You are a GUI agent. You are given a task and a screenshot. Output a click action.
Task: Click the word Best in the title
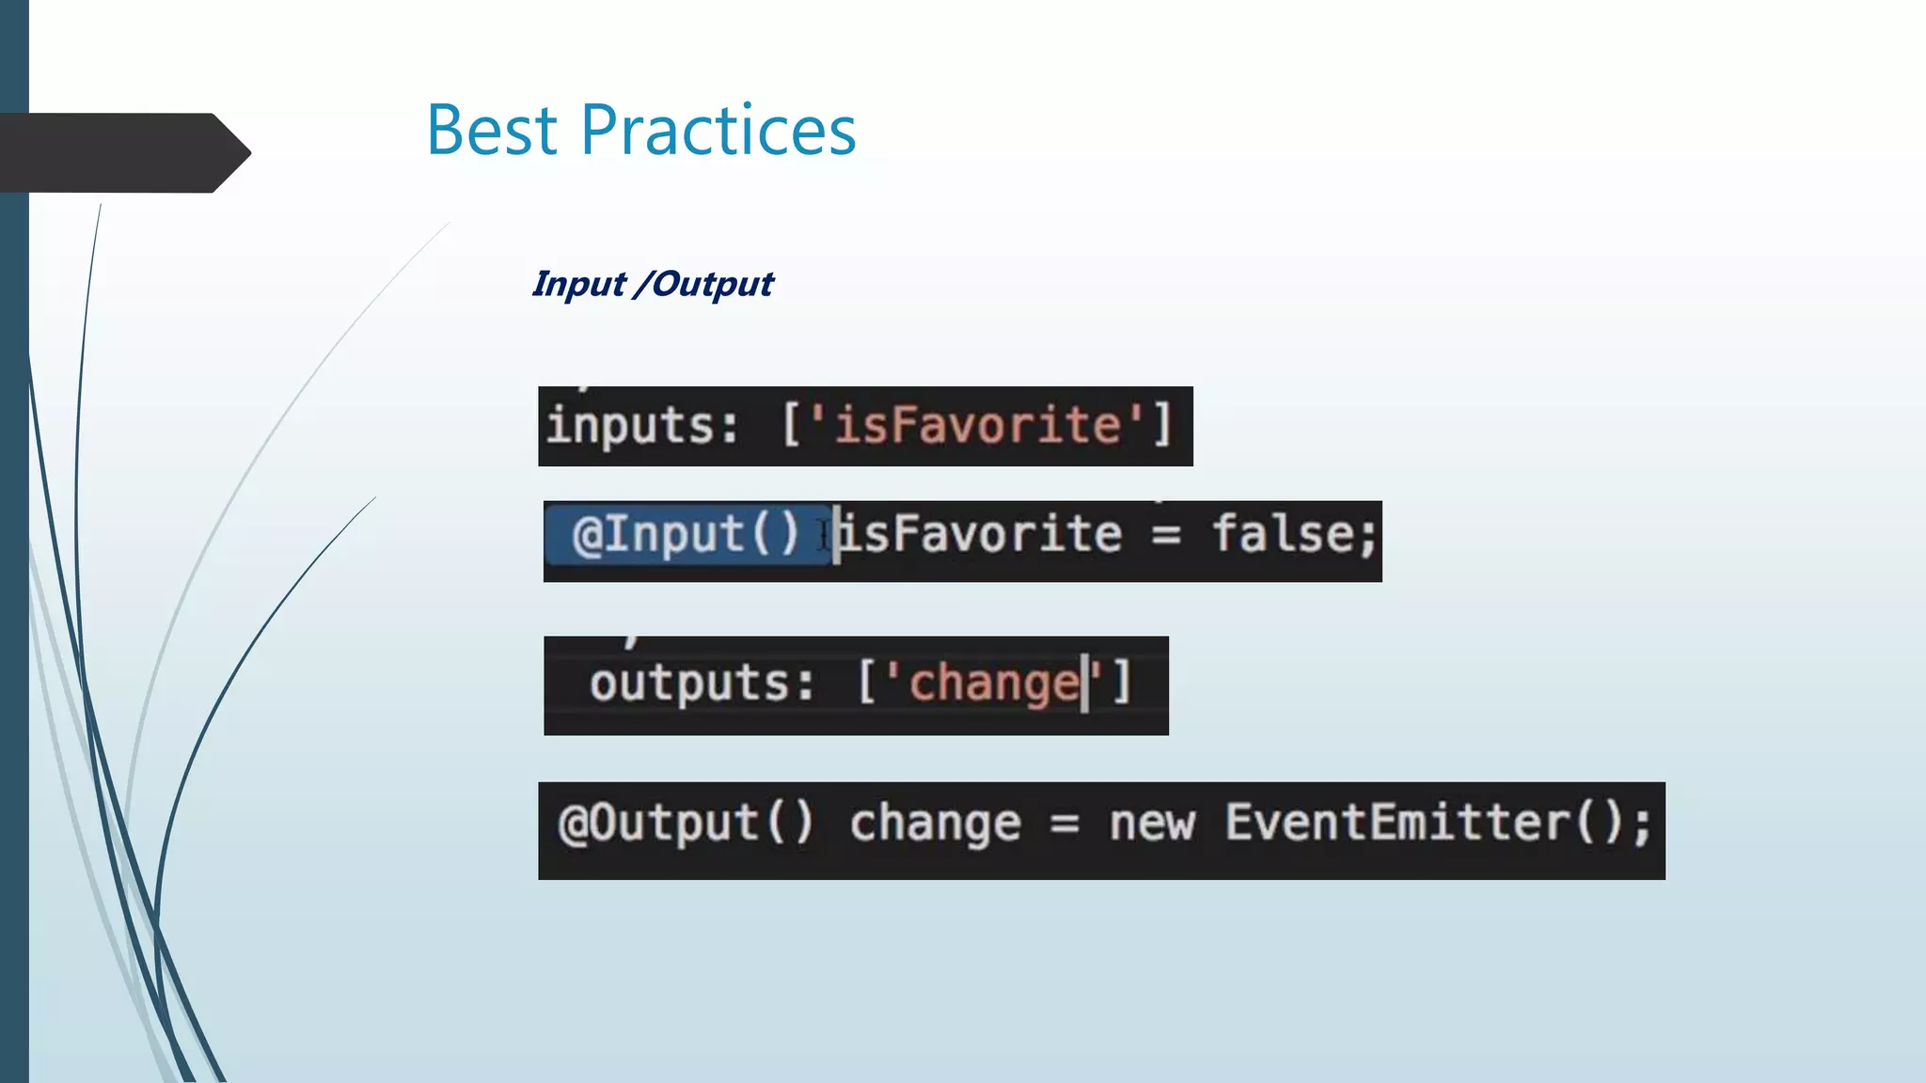[492, 130]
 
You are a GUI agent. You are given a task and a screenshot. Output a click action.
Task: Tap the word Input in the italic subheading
[578, 284]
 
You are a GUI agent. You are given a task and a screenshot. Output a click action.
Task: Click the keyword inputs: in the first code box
[642, 426]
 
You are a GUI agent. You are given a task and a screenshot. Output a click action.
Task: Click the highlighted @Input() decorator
[686, 535]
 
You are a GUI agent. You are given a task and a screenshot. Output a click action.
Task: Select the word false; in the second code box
[1294, 534]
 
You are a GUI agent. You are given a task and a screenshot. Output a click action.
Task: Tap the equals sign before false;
[1166, 536]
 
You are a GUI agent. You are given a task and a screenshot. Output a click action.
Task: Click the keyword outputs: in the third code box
[702, 683]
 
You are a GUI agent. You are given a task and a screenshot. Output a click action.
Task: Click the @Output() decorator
[686, 824]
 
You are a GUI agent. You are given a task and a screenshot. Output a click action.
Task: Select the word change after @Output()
[935, 824]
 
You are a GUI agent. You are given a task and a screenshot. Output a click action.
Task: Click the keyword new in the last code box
[1152, 824]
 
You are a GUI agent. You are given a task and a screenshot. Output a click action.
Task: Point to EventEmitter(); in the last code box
[1438, 824]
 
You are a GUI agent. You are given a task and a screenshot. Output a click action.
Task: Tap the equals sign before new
[1065, 826]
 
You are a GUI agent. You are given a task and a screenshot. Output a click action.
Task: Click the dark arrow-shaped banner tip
[231, 152]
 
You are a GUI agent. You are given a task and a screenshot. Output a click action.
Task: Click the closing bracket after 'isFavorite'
[1162, 425]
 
